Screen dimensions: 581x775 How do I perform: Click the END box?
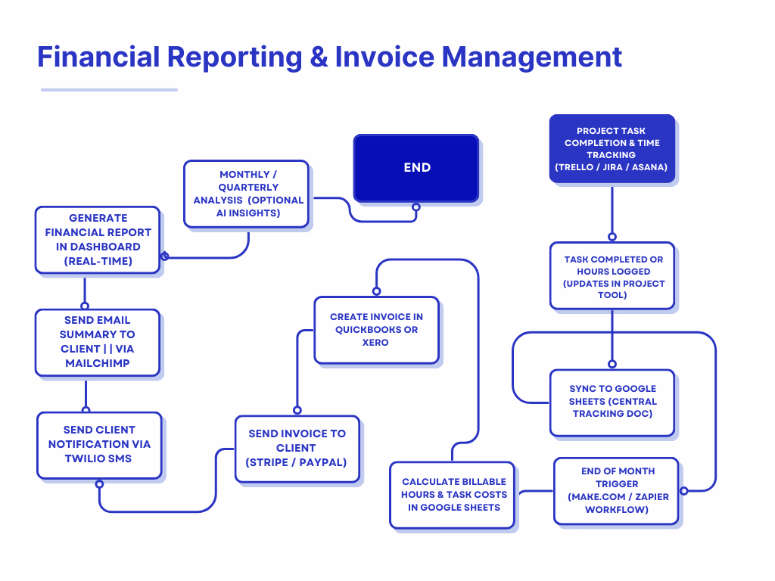coord(416,168)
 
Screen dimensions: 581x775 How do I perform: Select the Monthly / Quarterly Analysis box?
coord(246,194)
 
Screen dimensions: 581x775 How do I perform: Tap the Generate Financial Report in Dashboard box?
coord(98,239)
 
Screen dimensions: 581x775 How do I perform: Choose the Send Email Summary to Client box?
coord(98,342)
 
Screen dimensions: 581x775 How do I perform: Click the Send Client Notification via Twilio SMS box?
coord(99,445)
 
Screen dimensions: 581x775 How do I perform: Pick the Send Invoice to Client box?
coord(297,448)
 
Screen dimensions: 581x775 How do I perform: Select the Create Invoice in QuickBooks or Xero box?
coord(376,330)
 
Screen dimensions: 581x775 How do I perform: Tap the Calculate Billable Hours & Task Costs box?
coord(453,495)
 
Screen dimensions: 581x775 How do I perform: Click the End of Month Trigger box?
coord(617,490)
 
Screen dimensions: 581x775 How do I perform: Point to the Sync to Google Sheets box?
coord(612,402)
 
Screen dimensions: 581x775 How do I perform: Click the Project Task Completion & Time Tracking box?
coord(612,148)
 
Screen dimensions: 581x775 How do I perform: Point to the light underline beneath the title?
coord(109,89)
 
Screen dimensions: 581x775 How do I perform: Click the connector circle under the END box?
coord(416,207)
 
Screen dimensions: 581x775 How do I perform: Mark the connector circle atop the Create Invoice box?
coord(375,291)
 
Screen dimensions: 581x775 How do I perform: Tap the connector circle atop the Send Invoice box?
coord(297,410)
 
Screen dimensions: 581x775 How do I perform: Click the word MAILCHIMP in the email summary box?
coord(98,363)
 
